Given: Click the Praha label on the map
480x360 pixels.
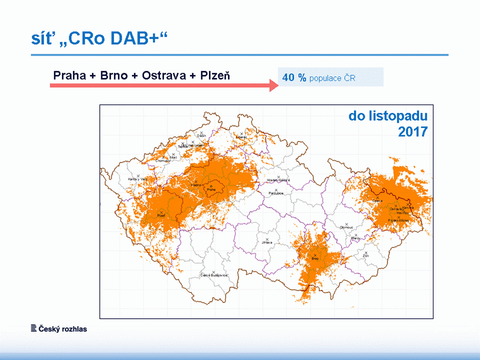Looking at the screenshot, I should [x=212, y=190].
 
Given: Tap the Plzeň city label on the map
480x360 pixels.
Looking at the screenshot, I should [x=161, y=216].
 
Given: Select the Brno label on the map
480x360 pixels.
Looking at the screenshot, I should [x=315, y=259].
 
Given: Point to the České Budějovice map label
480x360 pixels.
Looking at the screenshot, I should [x=214, y=275].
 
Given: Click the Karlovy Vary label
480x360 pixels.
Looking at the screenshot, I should [x=138, y=179].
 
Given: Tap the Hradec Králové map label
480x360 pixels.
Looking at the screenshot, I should [x=278, y=180].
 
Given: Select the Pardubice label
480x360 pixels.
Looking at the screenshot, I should [x=276, y=193].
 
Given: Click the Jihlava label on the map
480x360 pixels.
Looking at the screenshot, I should [x=266, y=242].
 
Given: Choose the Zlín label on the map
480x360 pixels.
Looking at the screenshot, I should [x=366, y=255].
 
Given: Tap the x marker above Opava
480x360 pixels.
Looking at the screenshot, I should [x=377, y=197].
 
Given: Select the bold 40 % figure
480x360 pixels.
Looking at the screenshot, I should [x=294, y=78].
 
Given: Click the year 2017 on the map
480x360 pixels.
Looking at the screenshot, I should [x=412, y=132].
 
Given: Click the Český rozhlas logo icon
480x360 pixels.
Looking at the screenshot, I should [x=34, y=329].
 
